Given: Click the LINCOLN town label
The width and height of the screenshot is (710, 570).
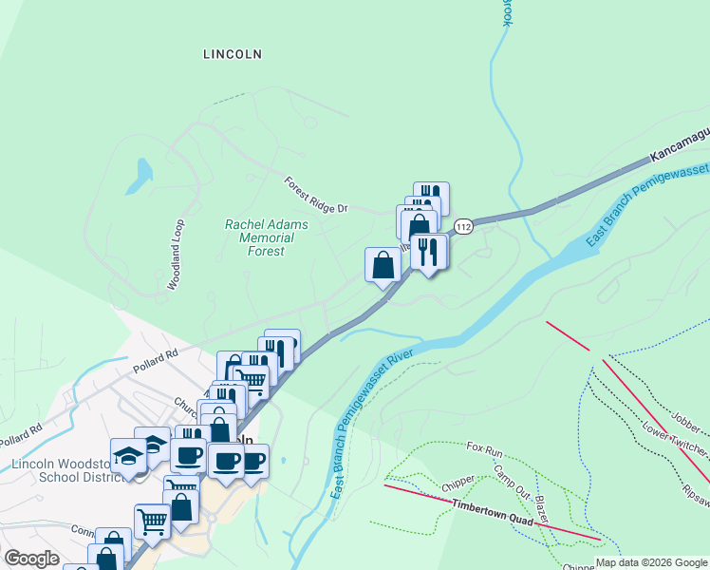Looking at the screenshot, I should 233,54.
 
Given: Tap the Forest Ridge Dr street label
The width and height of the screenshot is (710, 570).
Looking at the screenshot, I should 317,194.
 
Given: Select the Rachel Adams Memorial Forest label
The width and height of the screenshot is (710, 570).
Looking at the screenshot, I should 254,237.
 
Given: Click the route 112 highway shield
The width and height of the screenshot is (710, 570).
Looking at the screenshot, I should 463,227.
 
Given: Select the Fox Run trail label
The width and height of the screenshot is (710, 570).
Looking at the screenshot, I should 484,446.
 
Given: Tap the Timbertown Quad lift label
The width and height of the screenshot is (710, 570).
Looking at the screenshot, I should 488,507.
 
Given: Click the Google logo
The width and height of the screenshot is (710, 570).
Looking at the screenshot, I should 32,559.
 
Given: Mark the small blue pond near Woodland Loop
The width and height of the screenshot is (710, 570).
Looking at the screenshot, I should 143,172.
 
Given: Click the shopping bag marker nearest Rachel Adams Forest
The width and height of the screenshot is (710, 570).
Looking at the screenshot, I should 383,265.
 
